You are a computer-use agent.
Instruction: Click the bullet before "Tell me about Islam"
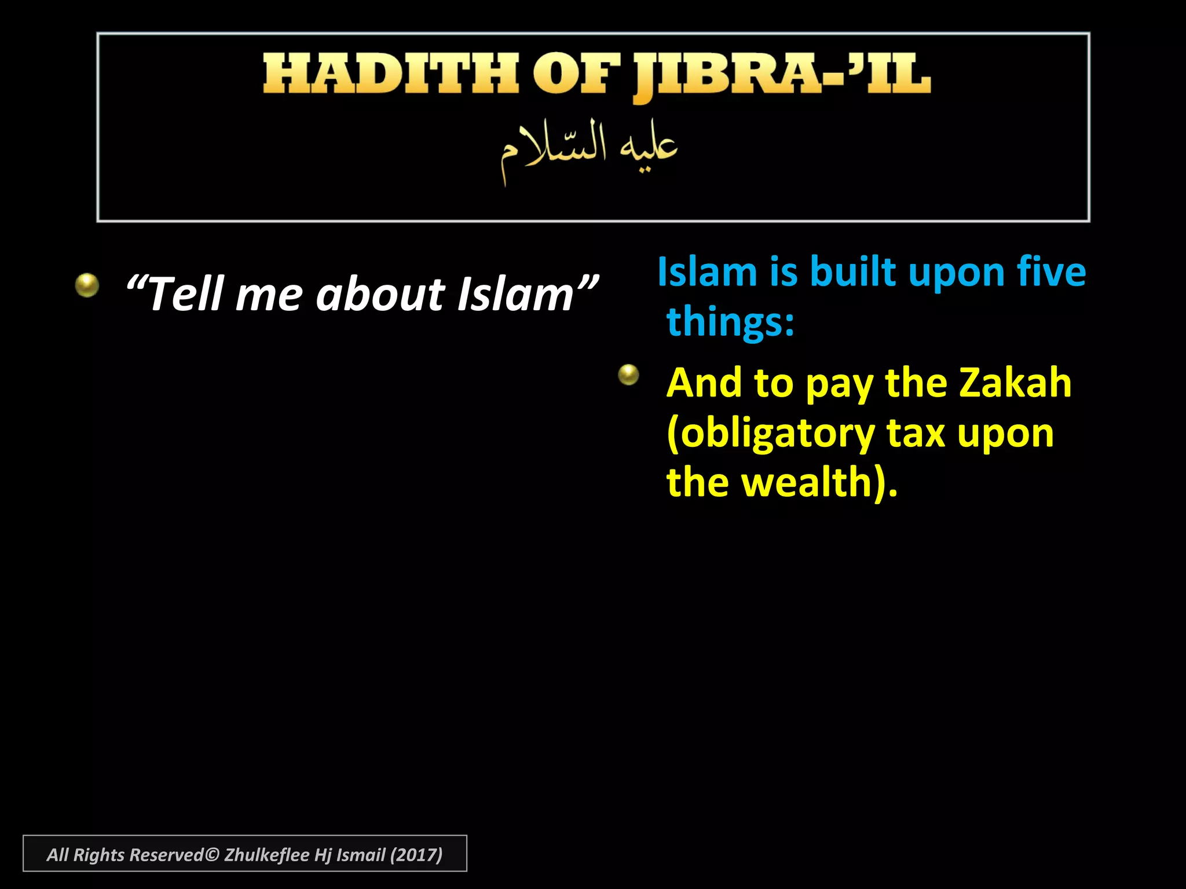point(87,285)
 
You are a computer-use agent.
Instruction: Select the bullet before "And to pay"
point(628,375)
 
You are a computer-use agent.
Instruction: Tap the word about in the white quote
point(380,294)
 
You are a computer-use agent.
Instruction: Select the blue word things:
point(730,321)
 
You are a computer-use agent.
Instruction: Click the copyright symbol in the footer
point(212,855)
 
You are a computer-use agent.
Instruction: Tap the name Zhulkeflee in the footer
point(266,855)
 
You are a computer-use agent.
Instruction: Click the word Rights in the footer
point(98,855)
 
